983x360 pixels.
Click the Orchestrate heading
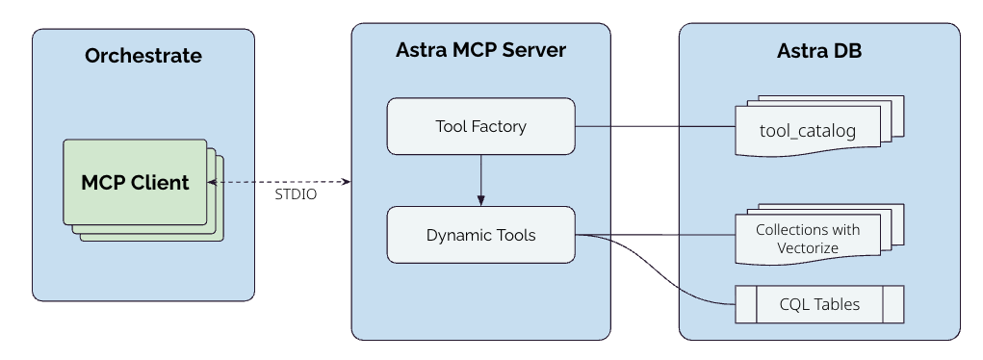coord(143,56)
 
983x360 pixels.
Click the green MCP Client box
coord(135,182)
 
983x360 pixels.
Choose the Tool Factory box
coord(480,126)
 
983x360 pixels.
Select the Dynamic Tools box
coord(480,235)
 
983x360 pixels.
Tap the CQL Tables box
coord(818,305)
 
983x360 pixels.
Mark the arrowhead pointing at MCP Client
coord(213,181)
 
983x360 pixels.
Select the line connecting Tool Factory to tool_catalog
coord(655,126)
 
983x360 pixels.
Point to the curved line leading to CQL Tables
coord(674,279)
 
